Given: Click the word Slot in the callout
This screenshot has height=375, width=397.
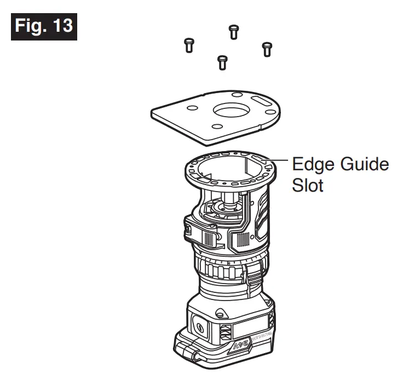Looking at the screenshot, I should point(307,184).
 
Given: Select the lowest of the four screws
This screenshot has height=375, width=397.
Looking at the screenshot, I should point(222,61).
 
